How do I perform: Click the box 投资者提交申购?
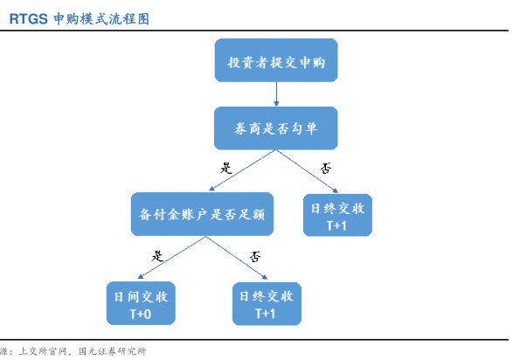(x=276, y=60)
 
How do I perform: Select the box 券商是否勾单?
(x=276, y=128)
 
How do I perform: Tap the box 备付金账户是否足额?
(x=202, y=214)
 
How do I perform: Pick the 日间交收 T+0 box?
(x=141, y=303)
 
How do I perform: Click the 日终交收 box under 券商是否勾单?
(x=337, y=215)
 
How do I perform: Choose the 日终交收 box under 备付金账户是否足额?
(x=267, y=304)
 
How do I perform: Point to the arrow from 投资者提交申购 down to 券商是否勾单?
(x=276, y=94)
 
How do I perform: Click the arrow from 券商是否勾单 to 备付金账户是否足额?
(x=242, y=170)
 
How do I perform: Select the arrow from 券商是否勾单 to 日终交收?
(x=308, y=171)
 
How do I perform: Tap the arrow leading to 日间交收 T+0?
(x=172, y=258)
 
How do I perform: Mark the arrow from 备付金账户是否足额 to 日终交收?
(x=237, y=258)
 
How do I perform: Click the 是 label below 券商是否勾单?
(x=226, y=168)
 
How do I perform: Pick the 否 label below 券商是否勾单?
(x=326, y=168)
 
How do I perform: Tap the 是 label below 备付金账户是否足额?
(x=157, y=256)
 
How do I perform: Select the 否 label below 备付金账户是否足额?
(x=255, y=257)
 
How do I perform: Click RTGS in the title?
(x=29, y=19)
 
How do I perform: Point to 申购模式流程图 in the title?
(x=101, y=19)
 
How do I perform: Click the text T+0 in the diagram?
(x=141, y=315)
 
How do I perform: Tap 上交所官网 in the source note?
(x=43, y=351)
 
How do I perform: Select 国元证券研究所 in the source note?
(x=112, y=351)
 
